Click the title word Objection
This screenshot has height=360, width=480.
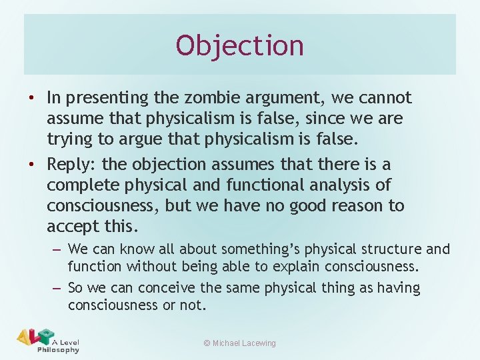240,45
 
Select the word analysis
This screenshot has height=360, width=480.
339,185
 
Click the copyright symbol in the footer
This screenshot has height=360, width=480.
207,343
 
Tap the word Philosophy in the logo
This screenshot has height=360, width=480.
58,349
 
